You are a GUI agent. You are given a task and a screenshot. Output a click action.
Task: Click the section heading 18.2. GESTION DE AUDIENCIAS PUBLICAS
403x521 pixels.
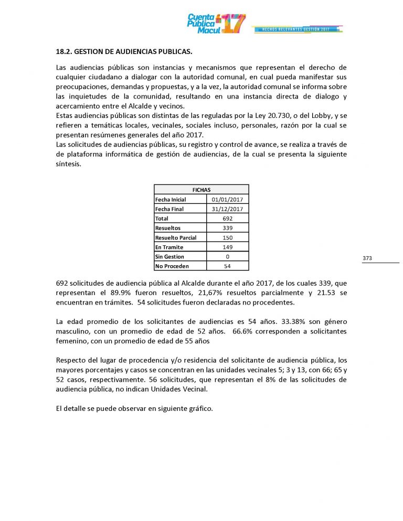(x=124, y=53)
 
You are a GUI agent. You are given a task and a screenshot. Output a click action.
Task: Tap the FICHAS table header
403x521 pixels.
(x=201, y=190)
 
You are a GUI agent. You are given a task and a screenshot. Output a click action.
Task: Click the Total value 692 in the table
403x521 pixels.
(x=228, y=219)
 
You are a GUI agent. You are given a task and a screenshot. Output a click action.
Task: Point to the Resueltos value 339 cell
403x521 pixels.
(x=228, y=228)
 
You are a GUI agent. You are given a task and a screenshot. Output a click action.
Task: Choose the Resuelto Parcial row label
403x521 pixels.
(x=176, y=237)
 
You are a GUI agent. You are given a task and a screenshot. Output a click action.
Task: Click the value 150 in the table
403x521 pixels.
(x=228, y=237)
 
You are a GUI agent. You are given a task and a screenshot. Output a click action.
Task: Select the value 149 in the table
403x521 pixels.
(x=228, y=247)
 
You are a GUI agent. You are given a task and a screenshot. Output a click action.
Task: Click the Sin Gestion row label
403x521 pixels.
(x=169, y=256)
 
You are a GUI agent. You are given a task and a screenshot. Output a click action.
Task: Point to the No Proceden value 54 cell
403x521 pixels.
(x=228, y=266)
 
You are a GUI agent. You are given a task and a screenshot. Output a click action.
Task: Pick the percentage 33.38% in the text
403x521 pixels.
(x=275, y=322)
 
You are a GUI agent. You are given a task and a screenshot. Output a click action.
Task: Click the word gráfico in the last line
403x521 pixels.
(x=200, y=408)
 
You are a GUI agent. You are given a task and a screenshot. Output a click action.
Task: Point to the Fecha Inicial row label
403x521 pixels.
(x=171, y=199)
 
